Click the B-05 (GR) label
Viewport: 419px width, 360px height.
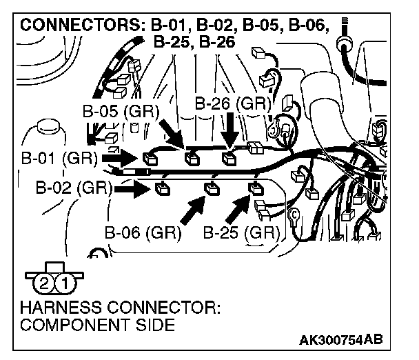[121, 111]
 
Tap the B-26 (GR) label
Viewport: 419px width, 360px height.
[231, 103]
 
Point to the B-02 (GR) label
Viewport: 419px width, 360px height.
[74, 186]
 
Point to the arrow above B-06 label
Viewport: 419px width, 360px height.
[194, 210]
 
